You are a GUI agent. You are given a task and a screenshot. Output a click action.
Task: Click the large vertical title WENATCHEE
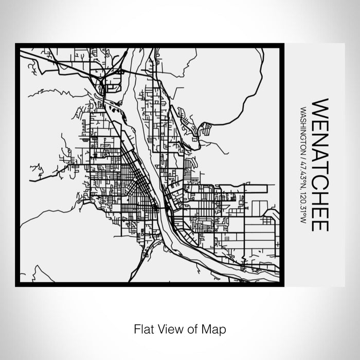click(319, 165)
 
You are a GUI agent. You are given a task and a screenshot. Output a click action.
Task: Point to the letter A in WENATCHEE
click(319, 149)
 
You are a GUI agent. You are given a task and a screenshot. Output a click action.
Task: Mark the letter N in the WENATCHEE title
click(319, 134)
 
